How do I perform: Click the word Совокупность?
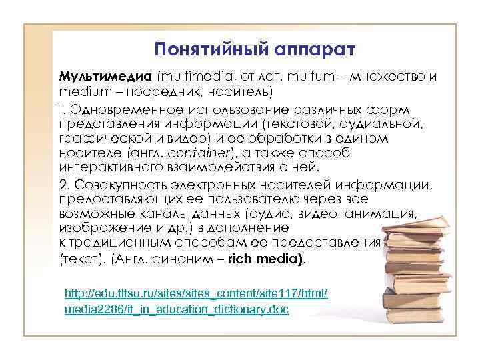[x=117, y=184]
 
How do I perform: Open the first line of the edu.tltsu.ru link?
[x=195, y=294]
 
